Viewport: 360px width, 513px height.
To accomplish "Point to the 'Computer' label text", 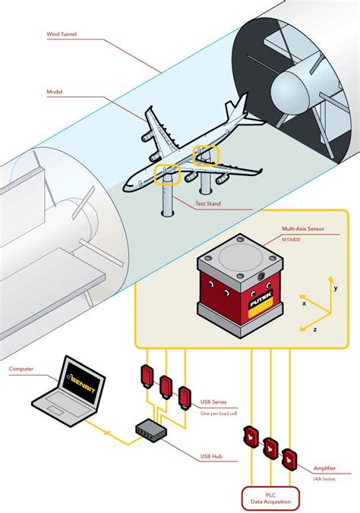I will [x=21, y=370].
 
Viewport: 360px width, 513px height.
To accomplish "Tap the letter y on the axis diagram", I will [x=334, y=288].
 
